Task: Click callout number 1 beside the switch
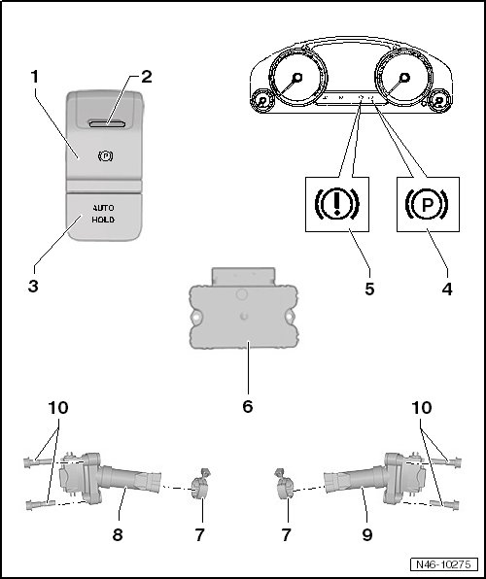tap(34, 77)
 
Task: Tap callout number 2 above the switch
tap(147, 77)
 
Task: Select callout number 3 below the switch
tap(33, 287)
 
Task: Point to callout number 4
tap(447, 289)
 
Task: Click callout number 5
tap(369, 289)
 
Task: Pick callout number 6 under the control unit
tap(248, 406)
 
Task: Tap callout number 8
tap(118, 534)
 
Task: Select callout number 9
tap(367, 534)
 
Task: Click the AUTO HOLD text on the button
tap(103, 214)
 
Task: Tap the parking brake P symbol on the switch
tap(105, 156)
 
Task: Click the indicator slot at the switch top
tap(107, 123)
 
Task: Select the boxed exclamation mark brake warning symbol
tap(336, 204)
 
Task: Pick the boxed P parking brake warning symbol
tap(428, 204)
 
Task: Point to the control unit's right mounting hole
tap(290, 317)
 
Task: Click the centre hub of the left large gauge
tap(296, 77)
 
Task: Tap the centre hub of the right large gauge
tap(404, 77)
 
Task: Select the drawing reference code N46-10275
tap(443, 564)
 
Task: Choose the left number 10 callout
tap(58, 408)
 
